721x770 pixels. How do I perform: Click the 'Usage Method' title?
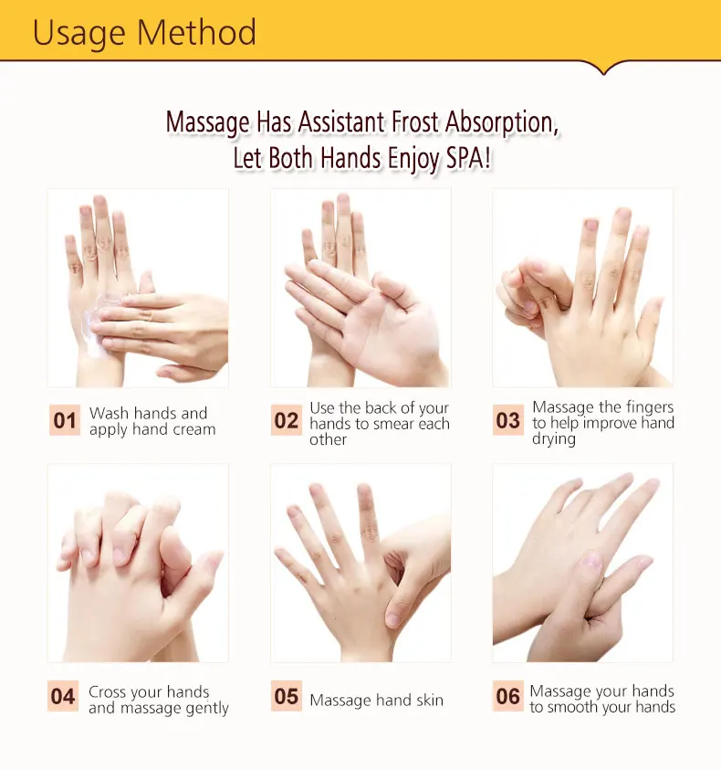(144, 33)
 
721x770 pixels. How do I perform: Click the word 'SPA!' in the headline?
(466, 157)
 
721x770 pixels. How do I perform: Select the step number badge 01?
(65, 421)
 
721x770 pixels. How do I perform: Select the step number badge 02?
(287, 421)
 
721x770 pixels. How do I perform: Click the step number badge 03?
(508, 421)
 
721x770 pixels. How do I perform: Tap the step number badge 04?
(64, 698)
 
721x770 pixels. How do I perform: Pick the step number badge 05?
(287, 698)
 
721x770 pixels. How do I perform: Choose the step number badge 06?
(508, 698)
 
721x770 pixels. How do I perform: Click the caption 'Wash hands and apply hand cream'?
(152, 421)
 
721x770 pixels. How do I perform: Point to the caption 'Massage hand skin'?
(376, 701)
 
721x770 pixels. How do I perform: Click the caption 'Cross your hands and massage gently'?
(158, 700)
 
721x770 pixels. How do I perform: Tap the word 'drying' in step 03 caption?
(554, 439)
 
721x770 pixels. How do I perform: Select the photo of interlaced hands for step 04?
(138, 562)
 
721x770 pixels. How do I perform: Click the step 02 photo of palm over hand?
(360, 288)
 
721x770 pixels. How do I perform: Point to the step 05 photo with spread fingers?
(360, 562)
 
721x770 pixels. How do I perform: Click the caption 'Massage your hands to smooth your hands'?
(602, 699)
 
